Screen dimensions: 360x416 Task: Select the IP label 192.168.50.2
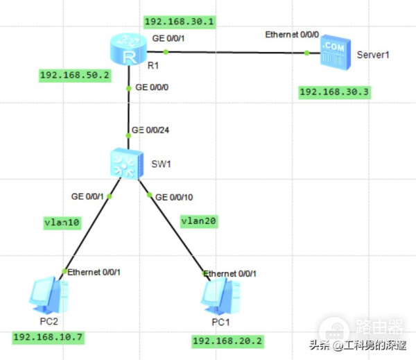click(75, 75)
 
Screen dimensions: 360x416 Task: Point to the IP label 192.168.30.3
click(332, 92)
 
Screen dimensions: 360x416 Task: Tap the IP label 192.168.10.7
click(47, 337)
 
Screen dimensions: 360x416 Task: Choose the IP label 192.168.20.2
click(227, 341)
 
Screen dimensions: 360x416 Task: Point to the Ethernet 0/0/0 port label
click(291, 34)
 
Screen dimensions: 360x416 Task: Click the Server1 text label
click(373, 54)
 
